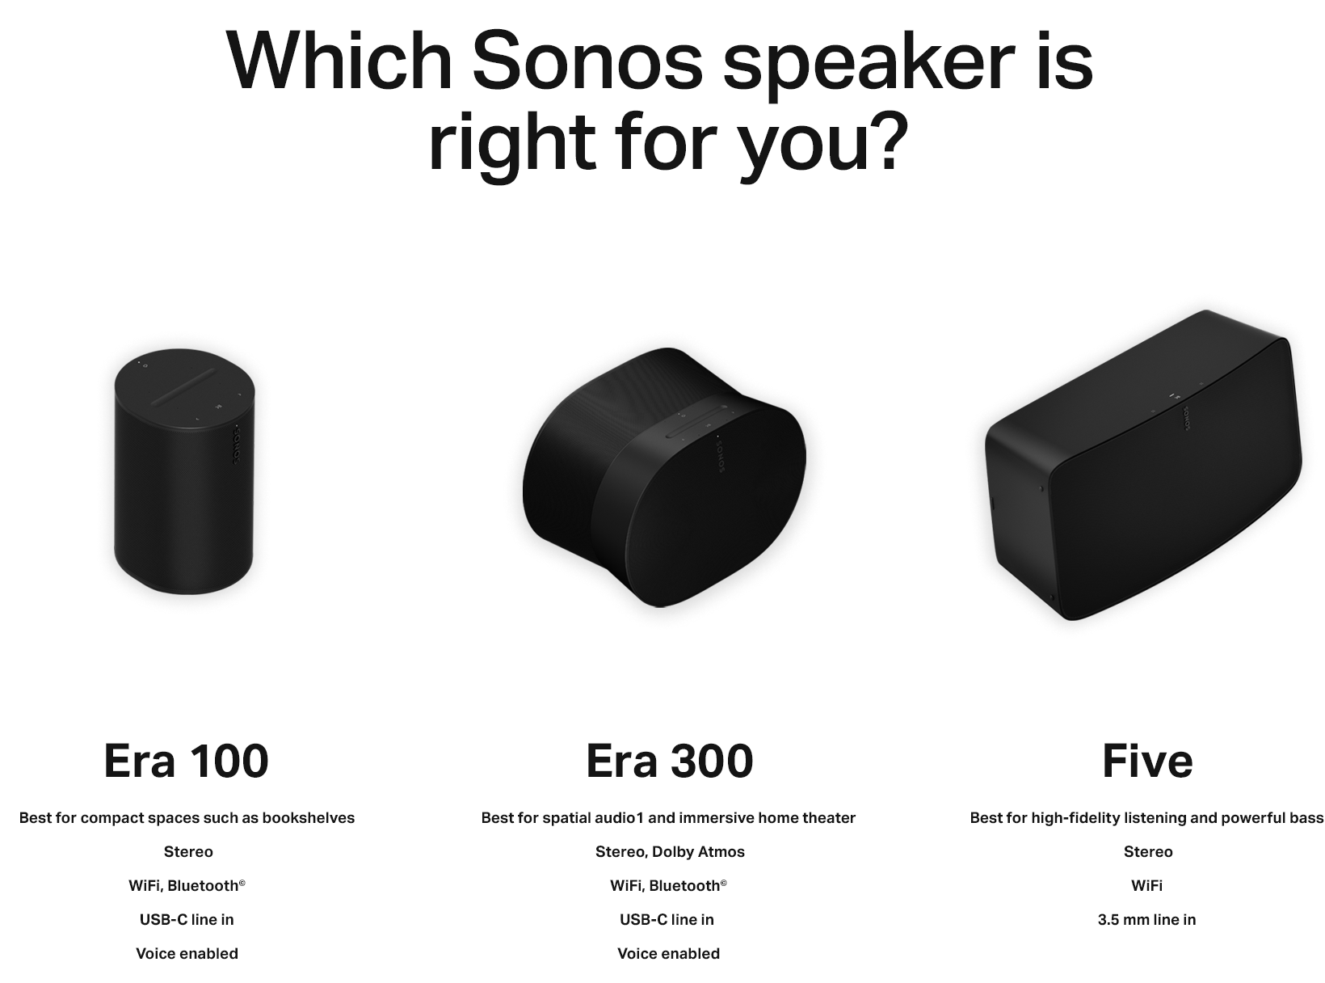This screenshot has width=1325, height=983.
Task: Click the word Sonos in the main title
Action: point(588,61)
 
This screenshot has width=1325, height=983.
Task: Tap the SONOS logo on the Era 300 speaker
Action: point(720,454)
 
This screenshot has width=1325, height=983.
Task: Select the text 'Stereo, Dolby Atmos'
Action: point(670,851)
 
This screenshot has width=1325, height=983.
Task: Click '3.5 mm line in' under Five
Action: point(1146,919)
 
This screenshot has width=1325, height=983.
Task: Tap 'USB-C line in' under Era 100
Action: point(187,919)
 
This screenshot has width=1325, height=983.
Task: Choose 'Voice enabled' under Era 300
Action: point(668,953)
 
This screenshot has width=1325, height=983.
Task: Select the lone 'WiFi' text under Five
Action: point(1146,885)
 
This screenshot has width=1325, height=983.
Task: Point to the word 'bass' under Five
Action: point(1306,817)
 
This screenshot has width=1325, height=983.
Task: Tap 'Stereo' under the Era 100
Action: point(188,851)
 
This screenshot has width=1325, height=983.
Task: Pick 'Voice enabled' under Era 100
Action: point(187,953)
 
